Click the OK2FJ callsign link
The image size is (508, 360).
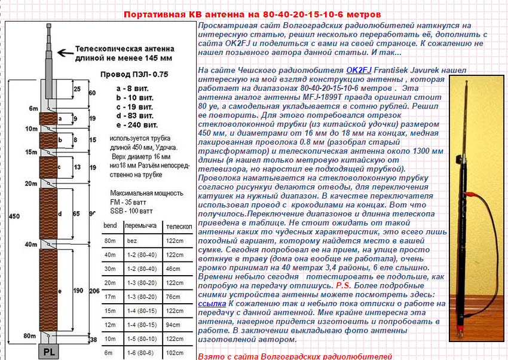(358, 70)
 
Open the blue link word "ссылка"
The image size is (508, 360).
(211, 304)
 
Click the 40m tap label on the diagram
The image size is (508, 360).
(30, 245)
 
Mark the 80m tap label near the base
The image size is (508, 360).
(30, 336)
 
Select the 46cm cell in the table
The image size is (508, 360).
(173, 269)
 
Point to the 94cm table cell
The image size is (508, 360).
(173, 325)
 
